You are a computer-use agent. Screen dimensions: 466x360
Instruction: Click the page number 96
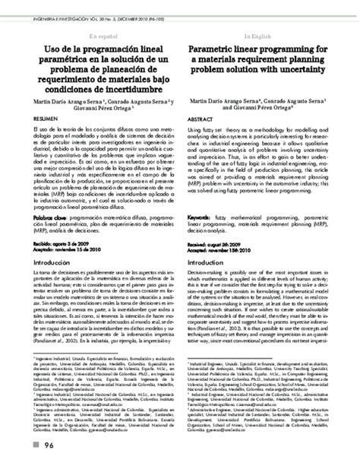click(x=49, y=445)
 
